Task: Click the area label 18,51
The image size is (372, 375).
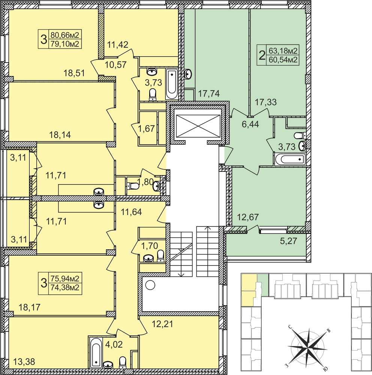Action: [74, 73]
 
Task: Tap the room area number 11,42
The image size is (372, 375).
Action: [117, 45]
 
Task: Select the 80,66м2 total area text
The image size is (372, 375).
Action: [65, 35]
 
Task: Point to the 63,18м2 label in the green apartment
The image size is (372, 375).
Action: [283, 51]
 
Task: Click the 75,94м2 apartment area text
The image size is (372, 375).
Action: [65, 279]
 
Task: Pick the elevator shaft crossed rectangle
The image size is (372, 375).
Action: [198, 126]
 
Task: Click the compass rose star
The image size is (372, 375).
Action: [306, 346]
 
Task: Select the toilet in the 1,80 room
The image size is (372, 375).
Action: [132, 186]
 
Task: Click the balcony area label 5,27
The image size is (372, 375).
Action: [288, 241]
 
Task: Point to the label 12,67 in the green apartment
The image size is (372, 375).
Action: [248, 217]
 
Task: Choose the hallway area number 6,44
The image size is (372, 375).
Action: [250, 124]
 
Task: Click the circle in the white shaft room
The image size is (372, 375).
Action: [150, 285]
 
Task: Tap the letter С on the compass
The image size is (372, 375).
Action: [290, 327]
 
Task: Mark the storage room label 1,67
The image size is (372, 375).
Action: [146, 129]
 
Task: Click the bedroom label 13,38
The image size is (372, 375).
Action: [24, 362]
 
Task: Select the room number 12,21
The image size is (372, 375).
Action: [162, 324]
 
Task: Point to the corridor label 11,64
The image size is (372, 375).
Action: [131, 212]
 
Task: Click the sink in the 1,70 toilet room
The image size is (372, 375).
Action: [148, 258]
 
